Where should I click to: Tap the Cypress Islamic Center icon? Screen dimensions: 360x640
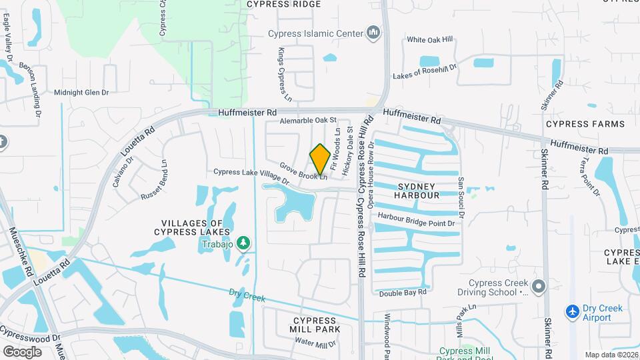[373, 33]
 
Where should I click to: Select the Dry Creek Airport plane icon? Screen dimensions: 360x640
[572, 311]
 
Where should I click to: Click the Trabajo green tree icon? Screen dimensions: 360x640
[244, 243]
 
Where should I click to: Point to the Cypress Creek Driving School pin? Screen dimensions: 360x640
[539, 287]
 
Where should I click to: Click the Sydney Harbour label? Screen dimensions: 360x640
[419, 191]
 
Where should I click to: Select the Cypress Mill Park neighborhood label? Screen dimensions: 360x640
[315, 324]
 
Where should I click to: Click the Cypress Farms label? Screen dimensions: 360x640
[585, 124]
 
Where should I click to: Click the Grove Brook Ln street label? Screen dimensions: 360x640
[303, 171]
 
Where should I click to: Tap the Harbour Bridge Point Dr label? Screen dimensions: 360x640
[417, 219]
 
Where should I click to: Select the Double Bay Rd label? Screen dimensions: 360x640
[402, 293]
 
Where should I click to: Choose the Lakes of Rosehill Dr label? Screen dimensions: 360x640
[425, 71]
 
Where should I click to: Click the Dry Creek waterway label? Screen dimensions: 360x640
[247, 295]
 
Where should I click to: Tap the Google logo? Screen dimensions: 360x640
[22, 351]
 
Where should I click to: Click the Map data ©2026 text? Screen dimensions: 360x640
[611, 355]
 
